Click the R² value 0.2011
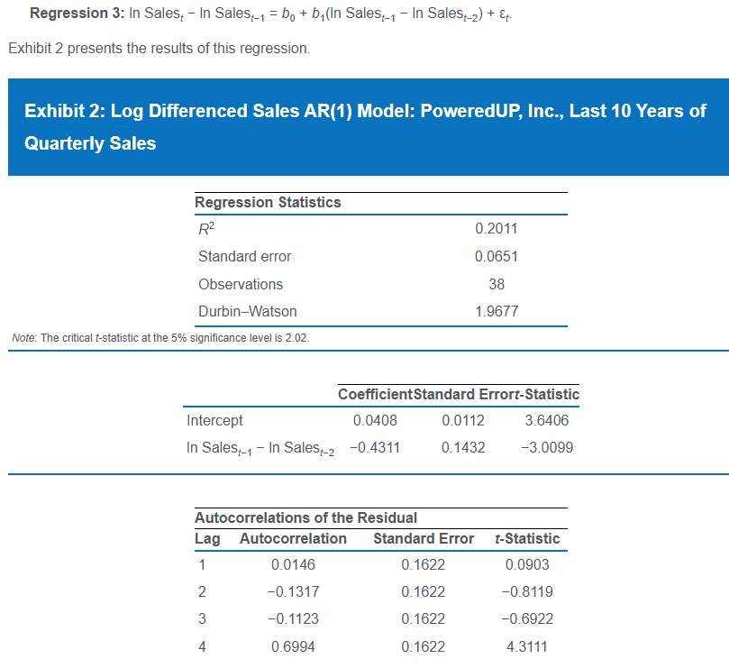(x=496, y=229)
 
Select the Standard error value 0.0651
(x=496, y=257)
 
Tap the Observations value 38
(x=496, y=284)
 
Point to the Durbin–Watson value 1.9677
(x=496, y=312)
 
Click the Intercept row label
(x=214, y=421)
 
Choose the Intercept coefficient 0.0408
(x=375, y=421)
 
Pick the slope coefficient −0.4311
(x=374, y=447)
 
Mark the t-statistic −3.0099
(x=547, y=447)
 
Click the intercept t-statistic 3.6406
(x=547, y=421)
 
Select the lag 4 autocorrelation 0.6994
(x=293, y=646)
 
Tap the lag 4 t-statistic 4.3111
(x=527, y=646)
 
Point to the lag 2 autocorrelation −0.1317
(x=293, y=592)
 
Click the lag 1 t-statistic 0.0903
(x=527, y=565)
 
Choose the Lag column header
(x=207, y=539)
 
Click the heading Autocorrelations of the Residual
(x=305, y=517)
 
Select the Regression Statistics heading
(x=268, y=202)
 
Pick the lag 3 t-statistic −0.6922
(x=527, y=619)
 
